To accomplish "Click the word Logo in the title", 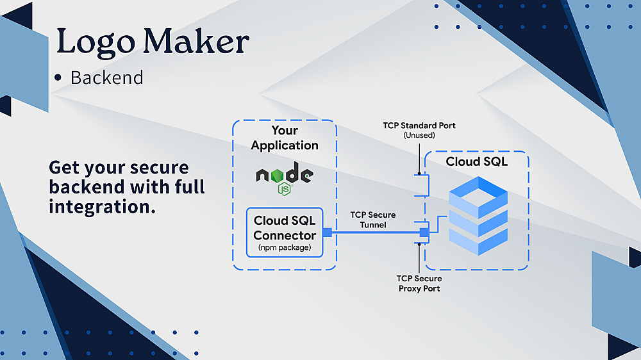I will tap(94, 42).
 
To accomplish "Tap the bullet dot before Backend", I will tap(58, 78).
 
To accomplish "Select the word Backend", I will tap(106, 78).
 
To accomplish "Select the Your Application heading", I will tap(285, 138).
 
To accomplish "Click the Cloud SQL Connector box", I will tap(285, 232).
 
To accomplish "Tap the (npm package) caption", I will tap(285, 247).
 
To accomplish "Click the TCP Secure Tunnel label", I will tap(372, 220).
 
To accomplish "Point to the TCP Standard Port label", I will tap(419, 126).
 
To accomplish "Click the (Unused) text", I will tap(419, 135).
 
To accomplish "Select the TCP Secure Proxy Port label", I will tap(419, 283).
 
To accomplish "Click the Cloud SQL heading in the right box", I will tap(477, 162).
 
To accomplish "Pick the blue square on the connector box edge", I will tap(326, 232).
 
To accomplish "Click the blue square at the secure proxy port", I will tap(423, 232).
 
